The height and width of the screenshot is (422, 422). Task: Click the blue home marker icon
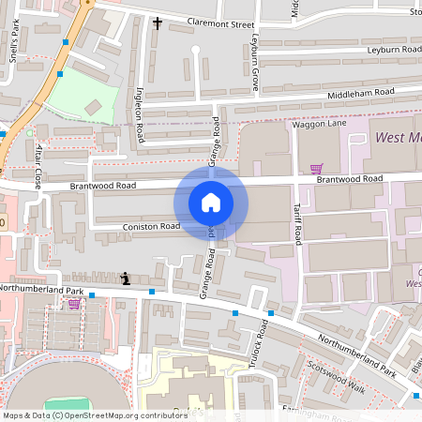pos(211,202)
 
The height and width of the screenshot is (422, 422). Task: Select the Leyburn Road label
pos(393,49)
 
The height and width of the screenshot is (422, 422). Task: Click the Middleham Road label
pos(361,93)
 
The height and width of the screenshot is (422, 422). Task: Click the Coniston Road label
pos(150,226)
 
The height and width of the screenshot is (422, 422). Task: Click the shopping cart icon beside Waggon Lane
pos(316,169)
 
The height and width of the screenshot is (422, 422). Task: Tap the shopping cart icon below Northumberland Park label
pos(74,304)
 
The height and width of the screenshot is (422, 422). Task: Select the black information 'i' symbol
pos(126,279)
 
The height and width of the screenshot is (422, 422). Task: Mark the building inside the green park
pos(93,107)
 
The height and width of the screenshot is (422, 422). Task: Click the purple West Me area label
pos(397,139)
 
